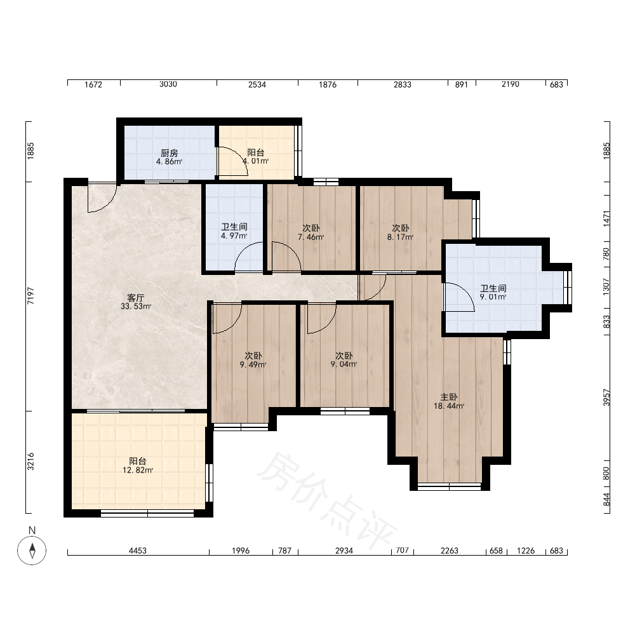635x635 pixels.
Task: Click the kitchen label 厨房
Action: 170,153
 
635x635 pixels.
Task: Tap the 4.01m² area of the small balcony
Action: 256,161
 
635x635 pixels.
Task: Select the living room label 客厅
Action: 136,298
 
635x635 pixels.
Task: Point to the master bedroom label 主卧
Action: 449,397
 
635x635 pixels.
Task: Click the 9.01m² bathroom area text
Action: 493,297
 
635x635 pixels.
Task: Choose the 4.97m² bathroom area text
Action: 234,236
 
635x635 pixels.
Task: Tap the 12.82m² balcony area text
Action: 138,470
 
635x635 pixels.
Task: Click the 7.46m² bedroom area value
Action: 311,237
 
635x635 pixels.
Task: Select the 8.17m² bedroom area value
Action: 400,237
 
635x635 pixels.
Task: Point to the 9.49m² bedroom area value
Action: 253,364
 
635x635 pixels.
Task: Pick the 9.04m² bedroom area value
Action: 344,364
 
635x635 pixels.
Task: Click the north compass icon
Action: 32,550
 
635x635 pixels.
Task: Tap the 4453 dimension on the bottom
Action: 138,551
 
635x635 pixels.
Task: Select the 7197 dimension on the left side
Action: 30,296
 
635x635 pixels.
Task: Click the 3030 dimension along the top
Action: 168,84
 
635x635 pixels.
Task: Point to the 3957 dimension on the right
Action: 606,398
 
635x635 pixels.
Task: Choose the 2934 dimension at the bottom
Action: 344,551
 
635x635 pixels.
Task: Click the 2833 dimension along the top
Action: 402,84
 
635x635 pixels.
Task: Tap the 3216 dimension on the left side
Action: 30,462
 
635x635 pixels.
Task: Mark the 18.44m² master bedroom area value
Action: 449,406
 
